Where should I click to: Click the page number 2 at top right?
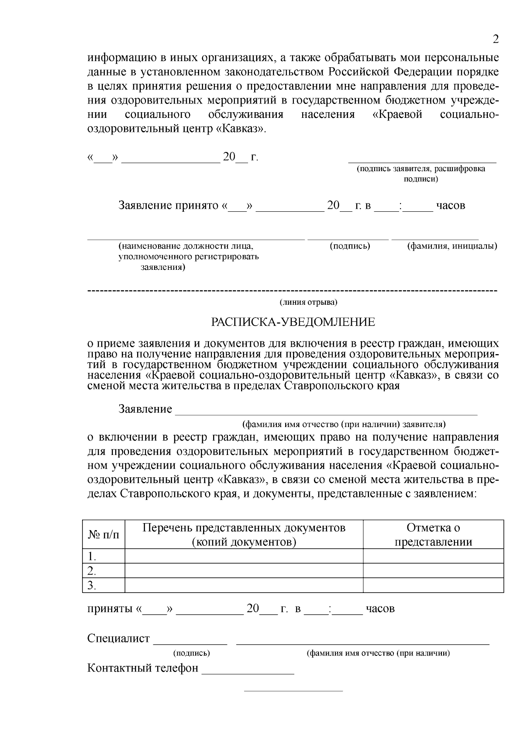pos(495,40)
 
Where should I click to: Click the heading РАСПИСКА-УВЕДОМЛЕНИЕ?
pos(293,322)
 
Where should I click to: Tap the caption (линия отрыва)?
pos(308,302)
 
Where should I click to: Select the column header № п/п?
pos(103,534)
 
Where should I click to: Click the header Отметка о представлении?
pos(433,534)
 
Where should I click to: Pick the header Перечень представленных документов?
pos(244,534)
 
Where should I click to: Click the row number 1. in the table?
pos(92,556)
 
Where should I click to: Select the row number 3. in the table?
pos(92,586)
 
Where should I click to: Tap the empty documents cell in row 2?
pos(244,571)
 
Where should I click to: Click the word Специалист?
pos(118,638)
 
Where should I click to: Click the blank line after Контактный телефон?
pos(248,669)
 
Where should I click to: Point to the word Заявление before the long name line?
pos(145,409)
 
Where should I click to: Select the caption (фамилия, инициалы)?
pos(452,246)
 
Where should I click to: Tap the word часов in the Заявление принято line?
pos(451,205)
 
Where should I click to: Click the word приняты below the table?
pos(110,608)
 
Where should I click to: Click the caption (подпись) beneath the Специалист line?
pos(192,653)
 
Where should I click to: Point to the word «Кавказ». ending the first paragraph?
pos(241,129)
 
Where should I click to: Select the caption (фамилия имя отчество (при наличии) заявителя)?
pos(344,424)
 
